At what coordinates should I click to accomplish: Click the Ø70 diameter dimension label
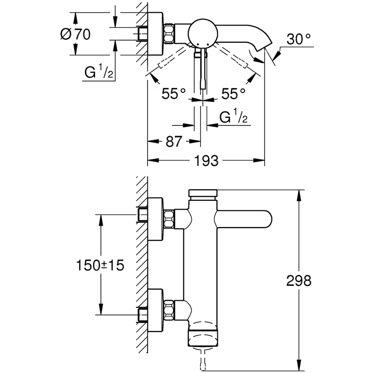[76, 34]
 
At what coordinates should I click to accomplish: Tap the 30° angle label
[298, 40]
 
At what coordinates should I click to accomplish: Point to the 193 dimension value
[206, 161]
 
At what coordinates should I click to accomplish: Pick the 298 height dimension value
[298, 281]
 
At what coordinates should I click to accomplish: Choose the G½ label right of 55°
[234, 118]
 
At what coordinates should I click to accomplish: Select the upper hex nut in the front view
[169, 219]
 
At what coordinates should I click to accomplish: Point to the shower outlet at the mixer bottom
[203, 335]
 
